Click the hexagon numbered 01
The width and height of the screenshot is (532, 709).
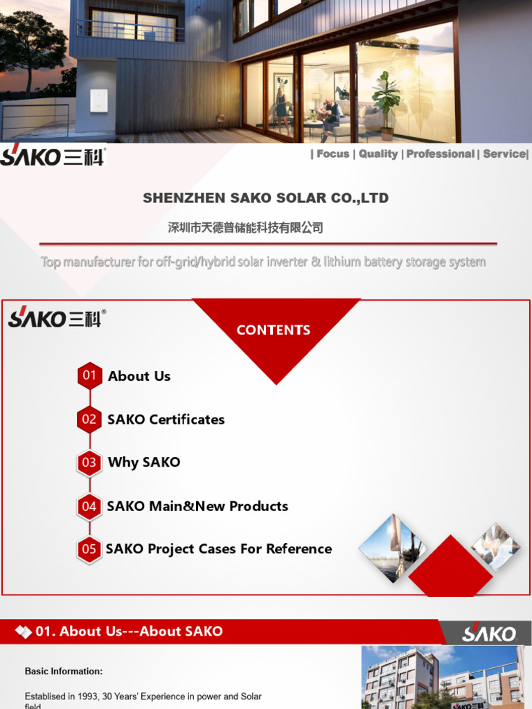point(90,376)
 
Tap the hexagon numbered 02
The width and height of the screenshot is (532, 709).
point(89,420)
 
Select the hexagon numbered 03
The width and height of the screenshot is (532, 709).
point(89,463)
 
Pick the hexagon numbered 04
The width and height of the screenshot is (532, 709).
point(89,506)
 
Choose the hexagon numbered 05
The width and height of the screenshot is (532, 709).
point(89,549)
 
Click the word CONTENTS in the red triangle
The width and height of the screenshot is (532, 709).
point(274,330)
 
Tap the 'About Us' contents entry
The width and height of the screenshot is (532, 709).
point(139,376)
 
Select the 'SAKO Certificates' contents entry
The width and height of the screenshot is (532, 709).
point(166,420)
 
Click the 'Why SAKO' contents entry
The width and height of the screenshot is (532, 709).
point(144,463)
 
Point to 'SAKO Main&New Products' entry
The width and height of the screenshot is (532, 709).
point(197,506)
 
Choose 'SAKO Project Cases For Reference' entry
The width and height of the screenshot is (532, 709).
point(219,549)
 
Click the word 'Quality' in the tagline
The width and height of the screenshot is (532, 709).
point(378,154)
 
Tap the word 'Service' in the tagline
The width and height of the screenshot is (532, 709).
point(504,154)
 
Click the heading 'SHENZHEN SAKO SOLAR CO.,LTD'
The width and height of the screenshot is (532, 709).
point(265,198)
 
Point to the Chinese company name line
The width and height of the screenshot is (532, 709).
point(246,228)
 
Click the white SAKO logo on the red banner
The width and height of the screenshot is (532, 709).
point(489,634)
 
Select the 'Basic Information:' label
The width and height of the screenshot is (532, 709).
point(64,671)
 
